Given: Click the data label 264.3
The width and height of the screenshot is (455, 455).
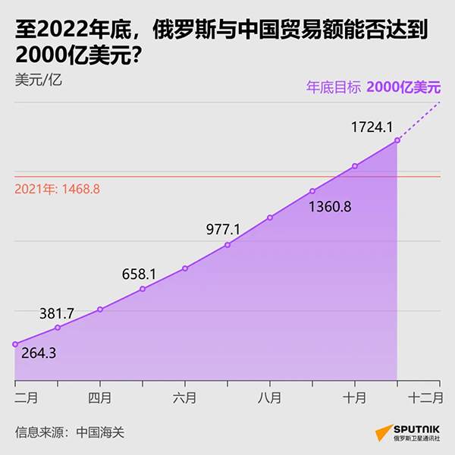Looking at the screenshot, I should [x=38, y=353].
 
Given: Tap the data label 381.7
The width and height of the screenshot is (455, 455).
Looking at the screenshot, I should [x=57, y=312].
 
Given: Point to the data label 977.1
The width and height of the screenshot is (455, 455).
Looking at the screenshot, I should [x=223, y=229].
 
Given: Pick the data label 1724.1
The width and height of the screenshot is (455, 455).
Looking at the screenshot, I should [x=370, y=127].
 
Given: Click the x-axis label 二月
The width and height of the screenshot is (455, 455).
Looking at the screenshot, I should [x=26, y=397].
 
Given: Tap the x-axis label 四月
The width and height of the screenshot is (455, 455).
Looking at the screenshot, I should [x=100, y=397].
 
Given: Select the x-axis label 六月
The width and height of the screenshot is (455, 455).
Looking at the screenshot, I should [x=185, y=397].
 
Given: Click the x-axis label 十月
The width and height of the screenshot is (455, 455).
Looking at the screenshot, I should [x=354, y=397].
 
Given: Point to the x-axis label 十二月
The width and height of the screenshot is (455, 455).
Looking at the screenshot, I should [x=425, y=397].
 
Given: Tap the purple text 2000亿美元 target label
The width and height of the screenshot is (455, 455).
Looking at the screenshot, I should [x=403, y=87].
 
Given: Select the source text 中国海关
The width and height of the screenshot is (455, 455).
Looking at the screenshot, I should [x=99, y=432].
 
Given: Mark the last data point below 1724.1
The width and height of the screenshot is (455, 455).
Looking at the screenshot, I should [x=397, y=141].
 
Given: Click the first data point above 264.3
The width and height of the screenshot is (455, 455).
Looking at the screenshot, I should [x=15, y=344].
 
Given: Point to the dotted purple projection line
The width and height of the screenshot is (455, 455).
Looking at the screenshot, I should [x=419, y=121].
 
